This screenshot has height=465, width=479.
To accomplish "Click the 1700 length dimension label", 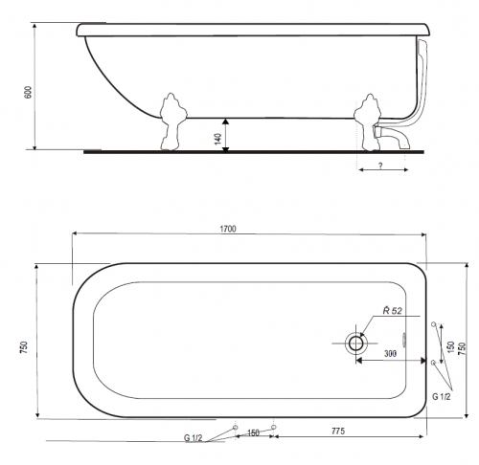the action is [x=228, y=229].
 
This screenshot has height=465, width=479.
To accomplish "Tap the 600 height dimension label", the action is [x=29, y=92].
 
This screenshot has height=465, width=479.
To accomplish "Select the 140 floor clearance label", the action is [x=218, y=139].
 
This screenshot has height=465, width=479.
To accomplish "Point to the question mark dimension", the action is [x=380, y=166].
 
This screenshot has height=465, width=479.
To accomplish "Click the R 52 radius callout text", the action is [x=393, y=310].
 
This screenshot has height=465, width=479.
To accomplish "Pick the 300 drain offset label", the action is [x=390, y=353].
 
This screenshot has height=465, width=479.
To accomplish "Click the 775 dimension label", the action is [x=338, y=431].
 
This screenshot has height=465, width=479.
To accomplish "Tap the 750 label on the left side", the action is [x=24, y=347].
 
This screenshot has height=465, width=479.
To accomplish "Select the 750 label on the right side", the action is [x=462, y=348].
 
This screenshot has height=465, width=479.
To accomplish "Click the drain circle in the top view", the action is [x=355, y=343].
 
